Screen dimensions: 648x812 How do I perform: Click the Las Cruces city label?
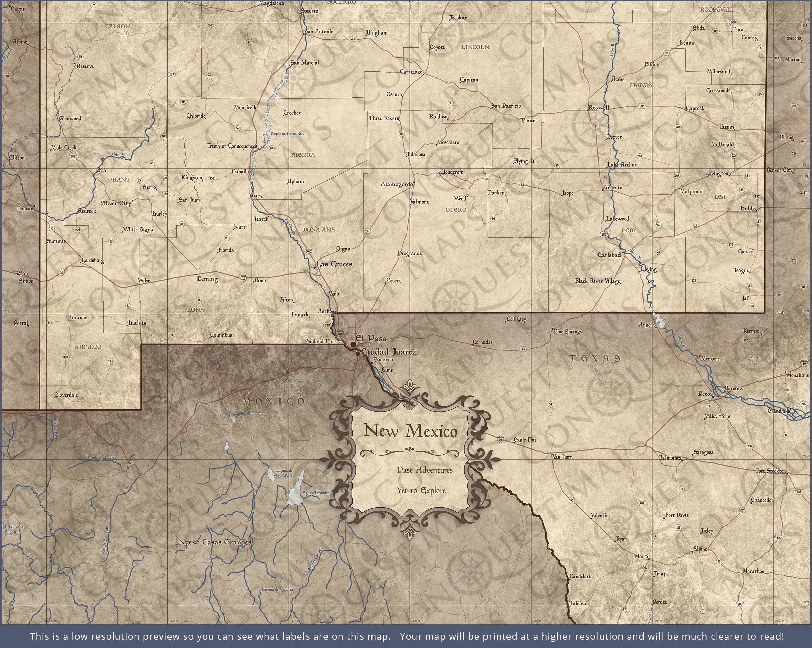[334, 264]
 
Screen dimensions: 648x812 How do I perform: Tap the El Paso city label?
[371, 338]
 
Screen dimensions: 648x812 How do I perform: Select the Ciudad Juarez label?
[389, 352]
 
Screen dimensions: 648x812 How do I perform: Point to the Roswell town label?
[599, 107]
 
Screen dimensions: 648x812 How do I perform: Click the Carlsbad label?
[609, 255]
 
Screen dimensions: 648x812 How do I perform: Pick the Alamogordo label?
[397, 184]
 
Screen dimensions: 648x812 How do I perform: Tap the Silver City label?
[116, 203]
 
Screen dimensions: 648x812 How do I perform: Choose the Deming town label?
[207, 279]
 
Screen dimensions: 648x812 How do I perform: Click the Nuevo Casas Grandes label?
[215, 542]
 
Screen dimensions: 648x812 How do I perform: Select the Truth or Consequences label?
[232, 146]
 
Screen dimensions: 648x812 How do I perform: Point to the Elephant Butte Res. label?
[287, 134]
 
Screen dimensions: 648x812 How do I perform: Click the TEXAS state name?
[595, 358]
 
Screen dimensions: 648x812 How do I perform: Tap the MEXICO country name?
[274, 401]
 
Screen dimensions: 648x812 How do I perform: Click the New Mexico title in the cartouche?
[410, 431]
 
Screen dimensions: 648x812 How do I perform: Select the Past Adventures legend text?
[425, 470]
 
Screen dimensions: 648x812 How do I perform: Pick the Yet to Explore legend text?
[421, 491]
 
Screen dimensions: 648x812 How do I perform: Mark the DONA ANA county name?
[319, 229]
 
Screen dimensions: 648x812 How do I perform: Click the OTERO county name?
[456, 210]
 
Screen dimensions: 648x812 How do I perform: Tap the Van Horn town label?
[562, 457]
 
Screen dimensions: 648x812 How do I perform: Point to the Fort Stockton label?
[771, 471]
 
